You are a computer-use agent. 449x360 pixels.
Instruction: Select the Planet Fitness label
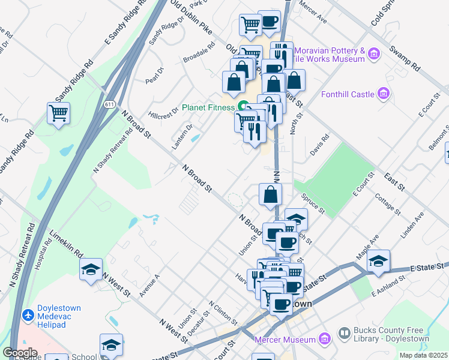208,107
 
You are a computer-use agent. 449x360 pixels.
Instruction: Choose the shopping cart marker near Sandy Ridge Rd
58,113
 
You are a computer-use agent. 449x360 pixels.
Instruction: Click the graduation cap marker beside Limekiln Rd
91,269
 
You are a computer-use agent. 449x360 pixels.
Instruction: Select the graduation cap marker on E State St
378,261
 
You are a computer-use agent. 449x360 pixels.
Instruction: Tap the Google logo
20,352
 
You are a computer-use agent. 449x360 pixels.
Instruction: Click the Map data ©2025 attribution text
424,355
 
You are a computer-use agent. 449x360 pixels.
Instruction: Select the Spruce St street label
313,205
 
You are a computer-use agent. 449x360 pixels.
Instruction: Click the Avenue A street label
149,285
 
